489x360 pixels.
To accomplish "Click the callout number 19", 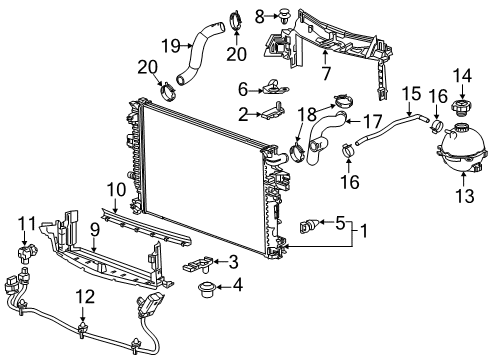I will point(170,44).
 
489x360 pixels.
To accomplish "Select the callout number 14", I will point(462,74).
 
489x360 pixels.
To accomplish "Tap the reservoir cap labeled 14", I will point(461,107).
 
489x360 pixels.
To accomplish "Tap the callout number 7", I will point(298,73).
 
